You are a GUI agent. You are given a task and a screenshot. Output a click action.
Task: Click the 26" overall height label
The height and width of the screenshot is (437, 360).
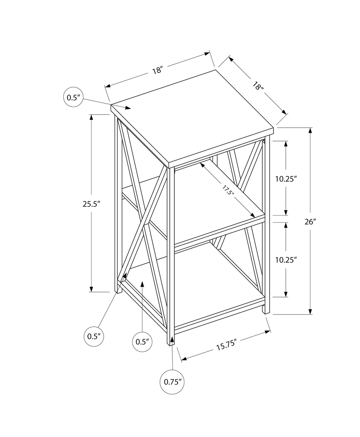coord(310,222)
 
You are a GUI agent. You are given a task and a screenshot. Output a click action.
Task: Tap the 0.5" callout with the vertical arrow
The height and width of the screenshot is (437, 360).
coord(142,342)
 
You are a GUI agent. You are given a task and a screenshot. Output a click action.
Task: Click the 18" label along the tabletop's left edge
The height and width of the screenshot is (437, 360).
coord(156,70)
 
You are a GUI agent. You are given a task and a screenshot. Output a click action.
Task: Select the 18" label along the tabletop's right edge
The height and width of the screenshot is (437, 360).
coord(258,87)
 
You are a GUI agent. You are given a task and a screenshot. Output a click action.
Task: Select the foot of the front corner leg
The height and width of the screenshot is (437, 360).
coord(171,343)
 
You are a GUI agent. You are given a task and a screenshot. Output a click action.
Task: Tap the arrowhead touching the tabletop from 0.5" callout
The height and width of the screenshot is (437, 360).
coord(128,108)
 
